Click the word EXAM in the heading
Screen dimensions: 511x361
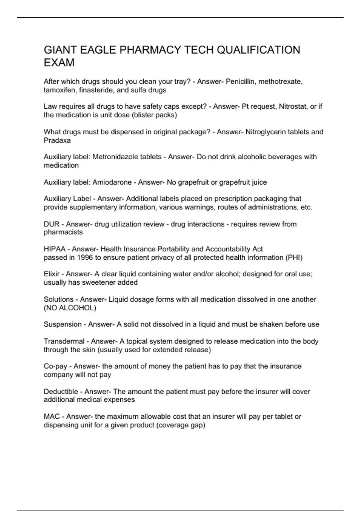pos(59,63)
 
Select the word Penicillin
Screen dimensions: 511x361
pos(241,81)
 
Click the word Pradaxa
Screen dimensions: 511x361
pos(57,140)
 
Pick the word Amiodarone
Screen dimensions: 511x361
pos(112,182)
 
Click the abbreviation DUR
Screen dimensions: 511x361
pos(51,224)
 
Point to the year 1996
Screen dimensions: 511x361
pos(85,257)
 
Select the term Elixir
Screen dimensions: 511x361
pos(51,274)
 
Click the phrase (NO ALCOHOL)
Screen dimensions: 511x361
pos(70,308)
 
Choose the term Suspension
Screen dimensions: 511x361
pos(63,324)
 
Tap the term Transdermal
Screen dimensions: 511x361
pos(64,341)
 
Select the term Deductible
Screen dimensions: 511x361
pos(61,391)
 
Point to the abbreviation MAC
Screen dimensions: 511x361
pos(52,416)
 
